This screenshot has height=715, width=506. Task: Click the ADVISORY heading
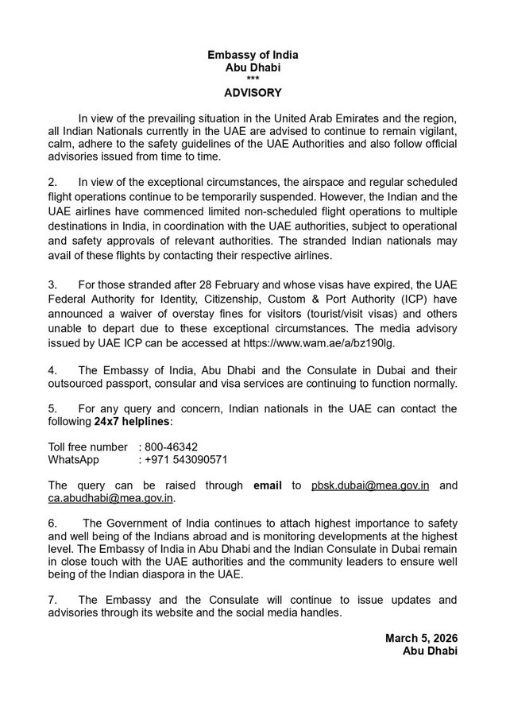[252, 93]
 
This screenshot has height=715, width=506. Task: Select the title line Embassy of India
[252, 56]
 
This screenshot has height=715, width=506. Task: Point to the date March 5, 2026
[421, 638]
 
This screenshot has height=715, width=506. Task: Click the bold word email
[268, 485]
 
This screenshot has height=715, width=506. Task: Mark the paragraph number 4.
[52, 369]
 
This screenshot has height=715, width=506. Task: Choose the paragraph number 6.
[52, 524]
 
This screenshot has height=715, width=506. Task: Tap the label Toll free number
[87, 446]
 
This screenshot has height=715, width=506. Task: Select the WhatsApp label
[73, 459]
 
